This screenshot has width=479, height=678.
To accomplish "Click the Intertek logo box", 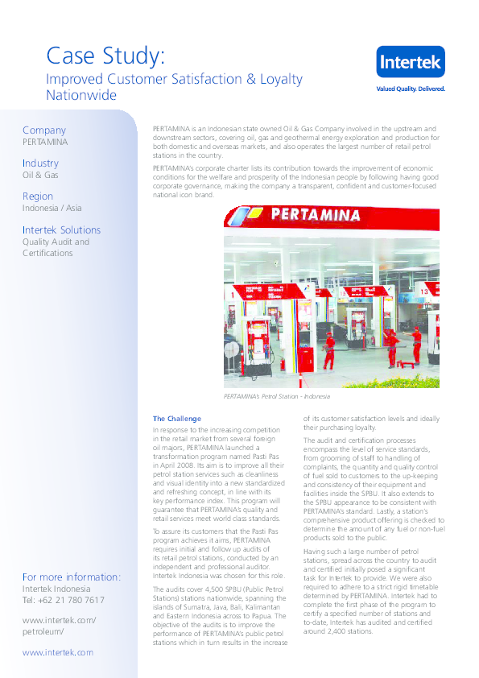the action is coord(411,63).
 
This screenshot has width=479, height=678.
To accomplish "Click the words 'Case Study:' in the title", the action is coord(105,56).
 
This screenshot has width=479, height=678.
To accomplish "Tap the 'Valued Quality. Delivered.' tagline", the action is coord(411,89).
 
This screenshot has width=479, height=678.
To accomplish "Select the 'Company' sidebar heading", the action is coord(44,130).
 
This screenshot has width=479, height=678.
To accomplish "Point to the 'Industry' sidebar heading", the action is coord(41,163).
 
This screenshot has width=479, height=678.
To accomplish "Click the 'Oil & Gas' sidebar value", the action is coord(40,175).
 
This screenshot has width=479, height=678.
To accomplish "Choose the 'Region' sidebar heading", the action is coord(38,196).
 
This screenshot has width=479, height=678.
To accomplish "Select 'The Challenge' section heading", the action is coord(177,419).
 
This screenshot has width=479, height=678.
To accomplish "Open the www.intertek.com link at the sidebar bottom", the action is coord(58,653).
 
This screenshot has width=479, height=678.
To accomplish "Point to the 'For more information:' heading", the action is coord(72,577).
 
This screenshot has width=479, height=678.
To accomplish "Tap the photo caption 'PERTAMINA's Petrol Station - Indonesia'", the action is coord(277,397).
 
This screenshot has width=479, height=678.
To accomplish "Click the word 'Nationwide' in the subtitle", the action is coord(81,95).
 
